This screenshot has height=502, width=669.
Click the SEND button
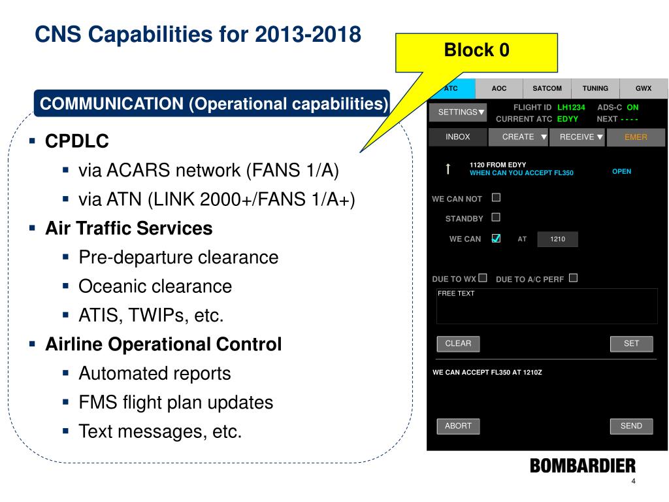[631, 426]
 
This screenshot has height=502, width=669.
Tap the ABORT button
[458, 426]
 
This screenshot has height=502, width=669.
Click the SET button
[631, 344]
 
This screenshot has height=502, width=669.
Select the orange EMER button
[636, 137]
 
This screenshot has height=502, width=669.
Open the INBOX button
[458, 137]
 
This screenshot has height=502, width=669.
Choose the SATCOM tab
[547, 88]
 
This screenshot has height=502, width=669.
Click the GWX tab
[644, 88]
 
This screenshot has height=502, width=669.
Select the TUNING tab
[595, 88]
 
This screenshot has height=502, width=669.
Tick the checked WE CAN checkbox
[496, 238]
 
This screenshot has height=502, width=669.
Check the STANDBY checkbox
[496, 217]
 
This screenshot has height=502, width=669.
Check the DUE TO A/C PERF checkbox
[573, 278]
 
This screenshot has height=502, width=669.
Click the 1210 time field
[557, 239]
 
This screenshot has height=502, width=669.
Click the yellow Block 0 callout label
[476, 51]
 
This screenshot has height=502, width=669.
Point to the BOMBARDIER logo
[582, 466]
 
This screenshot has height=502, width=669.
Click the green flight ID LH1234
[571, 107]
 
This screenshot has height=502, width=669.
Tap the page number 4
[633, 482]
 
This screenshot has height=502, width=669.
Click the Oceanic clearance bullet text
[155, 286]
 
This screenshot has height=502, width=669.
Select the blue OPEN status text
[621, 171]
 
